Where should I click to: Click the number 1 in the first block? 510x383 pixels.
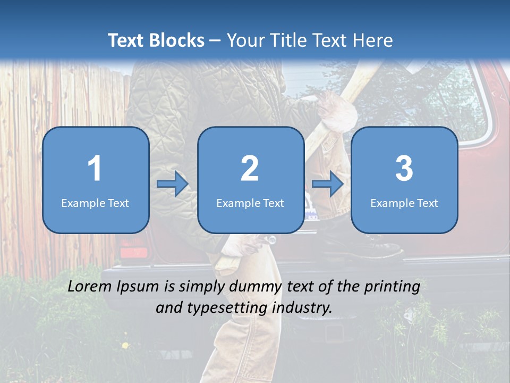(x=95, y=169)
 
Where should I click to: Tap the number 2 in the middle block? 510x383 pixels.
(x=250, y=169)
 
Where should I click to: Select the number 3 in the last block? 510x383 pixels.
(x=404, y=169)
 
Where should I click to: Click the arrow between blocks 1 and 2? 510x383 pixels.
(x=173, y=184)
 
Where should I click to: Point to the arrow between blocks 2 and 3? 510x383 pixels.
(x=328, y=184)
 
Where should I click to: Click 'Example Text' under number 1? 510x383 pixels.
(x=95, y=203)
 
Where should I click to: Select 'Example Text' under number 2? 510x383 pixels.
(x=250, y=203)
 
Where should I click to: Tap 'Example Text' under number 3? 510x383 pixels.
(x=404, y=203)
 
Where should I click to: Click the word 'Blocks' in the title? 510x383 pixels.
(x=177, y=40)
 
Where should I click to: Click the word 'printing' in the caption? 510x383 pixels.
(x=392, y=287)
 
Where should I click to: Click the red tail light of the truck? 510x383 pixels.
(x=133, y=251)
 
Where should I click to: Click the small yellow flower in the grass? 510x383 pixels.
(x=125, y=345)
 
